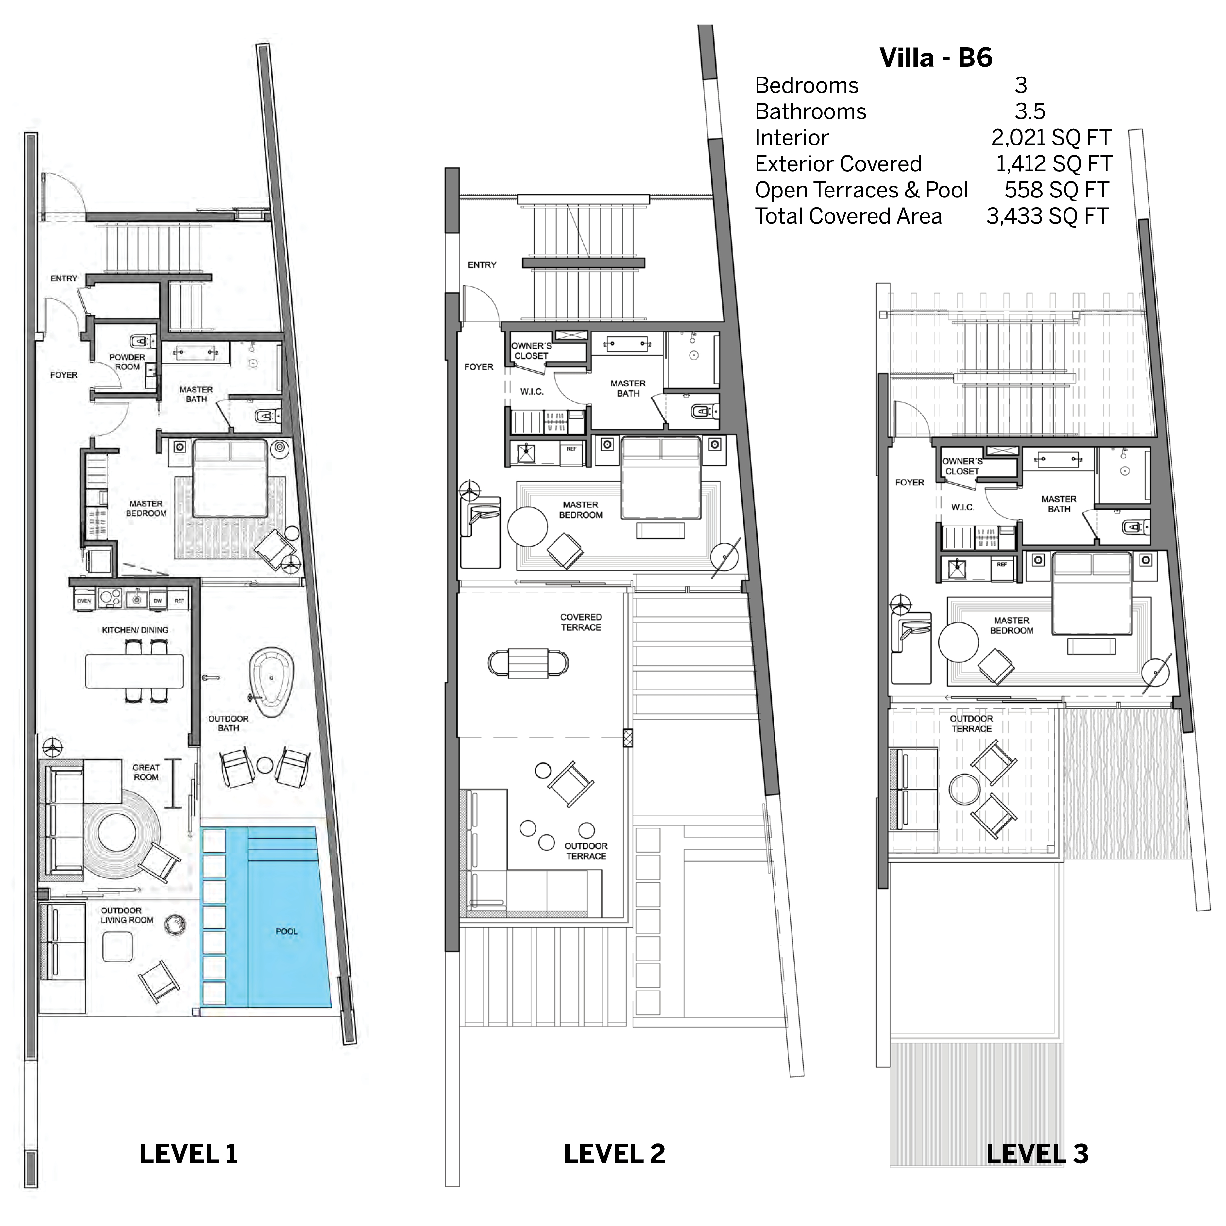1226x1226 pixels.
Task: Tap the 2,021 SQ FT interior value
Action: (1050, 138)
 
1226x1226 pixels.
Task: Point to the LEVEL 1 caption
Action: (188, 1154)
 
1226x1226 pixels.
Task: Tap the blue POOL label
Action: (286, 931)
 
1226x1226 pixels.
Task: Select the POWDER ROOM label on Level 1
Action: (127, 362)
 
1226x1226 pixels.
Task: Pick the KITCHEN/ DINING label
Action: (135, 630)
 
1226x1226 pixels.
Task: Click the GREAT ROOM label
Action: (146, 772)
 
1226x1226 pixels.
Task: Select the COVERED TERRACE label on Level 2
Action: (581, 622)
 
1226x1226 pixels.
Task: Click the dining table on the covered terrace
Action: (528, 663)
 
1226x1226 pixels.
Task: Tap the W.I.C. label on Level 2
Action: (532, 392)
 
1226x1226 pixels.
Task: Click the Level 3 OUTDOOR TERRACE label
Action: (971, 724)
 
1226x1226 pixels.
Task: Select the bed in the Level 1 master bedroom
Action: (230, 479)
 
